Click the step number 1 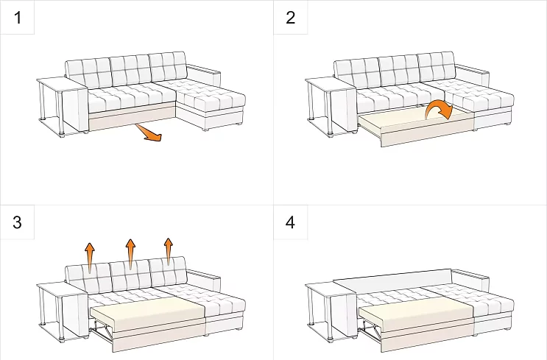[18, 18]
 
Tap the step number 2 [291, 18]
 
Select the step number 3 [18, 222]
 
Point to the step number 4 [290, 222]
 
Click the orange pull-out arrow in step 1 [149, 133]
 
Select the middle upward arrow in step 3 [130, 254]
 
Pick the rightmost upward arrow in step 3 [169, 252]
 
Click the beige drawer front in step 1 [133, 118]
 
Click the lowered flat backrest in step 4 [393, 278]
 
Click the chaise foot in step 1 [206, 130]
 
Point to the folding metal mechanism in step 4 [371, 333]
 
